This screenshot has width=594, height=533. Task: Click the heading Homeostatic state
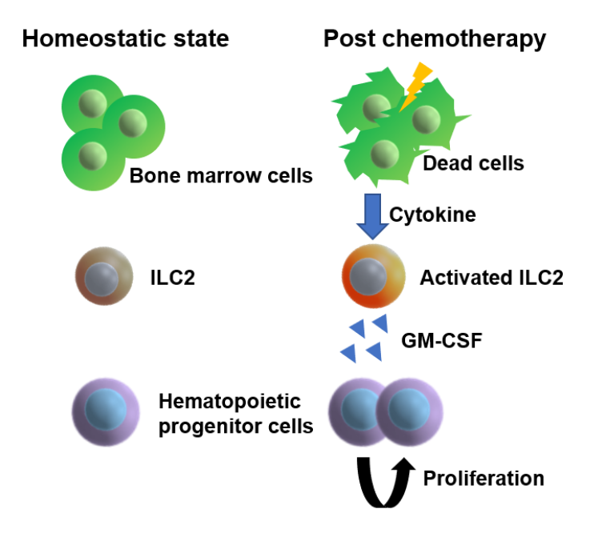(x=125, y=38)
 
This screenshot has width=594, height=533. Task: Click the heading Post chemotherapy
(x=434, y=38)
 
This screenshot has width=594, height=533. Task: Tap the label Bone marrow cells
(x=221, y=175)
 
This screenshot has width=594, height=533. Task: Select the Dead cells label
(x=472, y=163)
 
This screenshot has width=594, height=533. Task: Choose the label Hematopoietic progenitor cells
(x=235, y=414)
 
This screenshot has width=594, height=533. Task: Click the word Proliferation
(x=484, y=479)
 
